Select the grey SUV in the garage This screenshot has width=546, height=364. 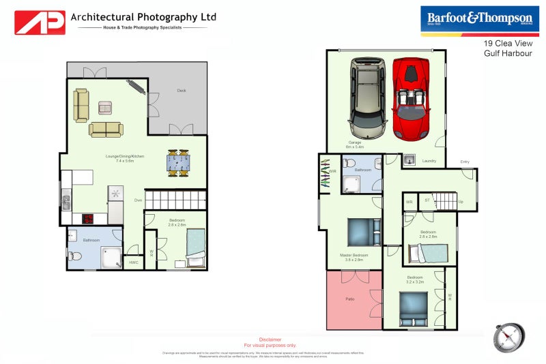[367, 96]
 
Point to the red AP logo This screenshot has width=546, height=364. [40, 22]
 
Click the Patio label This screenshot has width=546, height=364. [349, 299]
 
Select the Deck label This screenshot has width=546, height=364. [181, 91]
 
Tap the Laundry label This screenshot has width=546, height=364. [429, 161]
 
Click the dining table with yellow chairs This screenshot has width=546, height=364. [178, 163]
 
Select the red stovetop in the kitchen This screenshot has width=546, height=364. [88, 219]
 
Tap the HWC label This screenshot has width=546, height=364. [133, 262]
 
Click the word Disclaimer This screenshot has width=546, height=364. [270, 339]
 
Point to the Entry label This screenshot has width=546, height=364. [465, 162]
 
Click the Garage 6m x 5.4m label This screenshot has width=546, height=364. [355, 145]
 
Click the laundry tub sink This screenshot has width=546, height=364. [408, 160]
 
